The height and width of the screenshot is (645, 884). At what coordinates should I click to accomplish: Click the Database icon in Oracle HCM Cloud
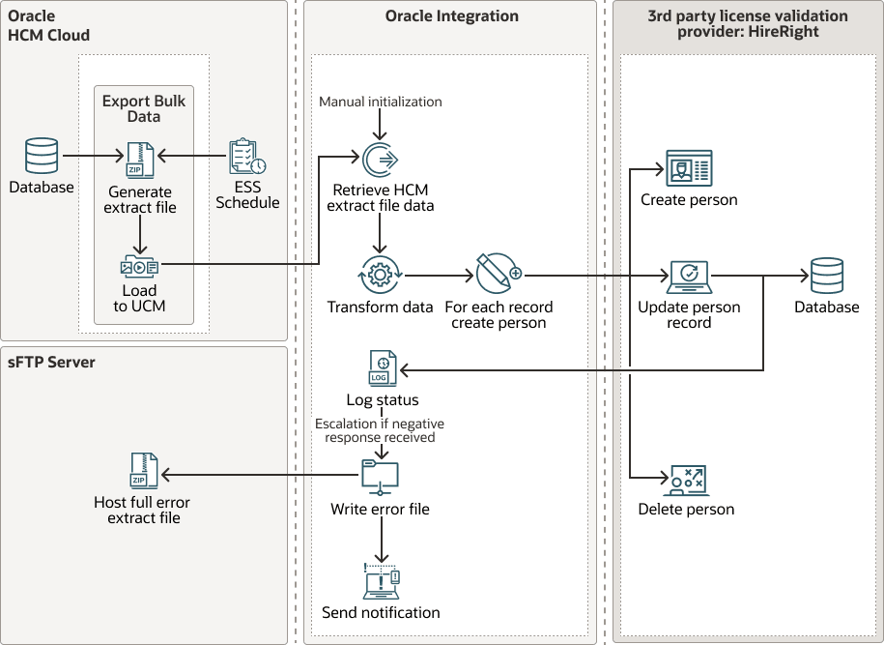42,155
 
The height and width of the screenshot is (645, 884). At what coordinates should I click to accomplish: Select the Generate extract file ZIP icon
140,160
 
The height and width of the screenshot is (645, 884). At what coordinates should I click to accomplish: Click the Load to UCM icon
140,266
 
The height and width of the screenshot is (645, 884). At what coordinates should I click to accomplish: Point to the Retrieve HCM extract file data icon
380,159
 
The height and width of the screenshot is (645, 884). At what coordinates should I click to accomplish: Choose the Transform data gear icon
380,276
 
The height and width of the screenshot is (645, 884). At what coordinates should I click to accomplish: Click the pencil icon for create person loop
498,274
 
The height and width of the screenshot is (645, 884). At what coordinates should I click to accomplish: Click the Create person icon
689,168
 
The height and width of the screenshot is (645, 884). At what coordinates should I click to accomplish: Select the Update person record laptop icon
689,277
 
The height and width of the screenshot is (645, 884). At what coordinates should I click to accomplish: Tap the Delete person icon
687,479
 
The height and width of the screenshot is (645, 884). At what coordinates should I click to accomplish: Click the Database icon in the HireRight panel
827,275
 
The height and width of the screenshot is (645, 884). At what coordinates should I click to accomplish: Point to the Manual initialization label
380,102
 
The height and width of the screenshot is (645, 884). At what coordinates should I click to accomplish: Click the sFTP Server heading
52,363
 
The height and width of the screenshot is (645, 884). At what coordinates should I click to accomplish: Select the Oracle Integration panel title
451,16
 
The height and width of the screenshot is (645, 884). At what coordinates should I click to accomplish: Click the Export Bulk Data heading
144,108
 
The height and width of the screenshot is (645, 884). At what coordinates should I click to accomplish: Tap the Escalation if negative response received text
380,430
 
